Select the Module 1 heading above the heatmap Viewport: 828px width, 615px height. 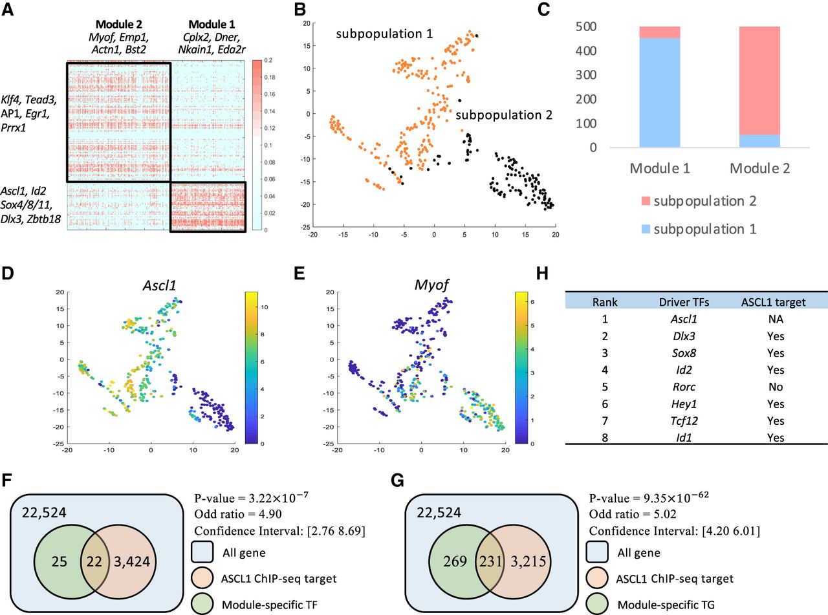coord(207,14)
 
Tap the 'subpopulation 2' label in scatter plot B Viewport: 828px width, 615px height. coord(504,115)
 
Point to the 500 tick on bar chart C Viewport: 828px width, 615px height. coord(605,27)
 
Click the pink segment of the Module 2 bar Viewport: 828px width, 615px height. coord(760,80)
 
